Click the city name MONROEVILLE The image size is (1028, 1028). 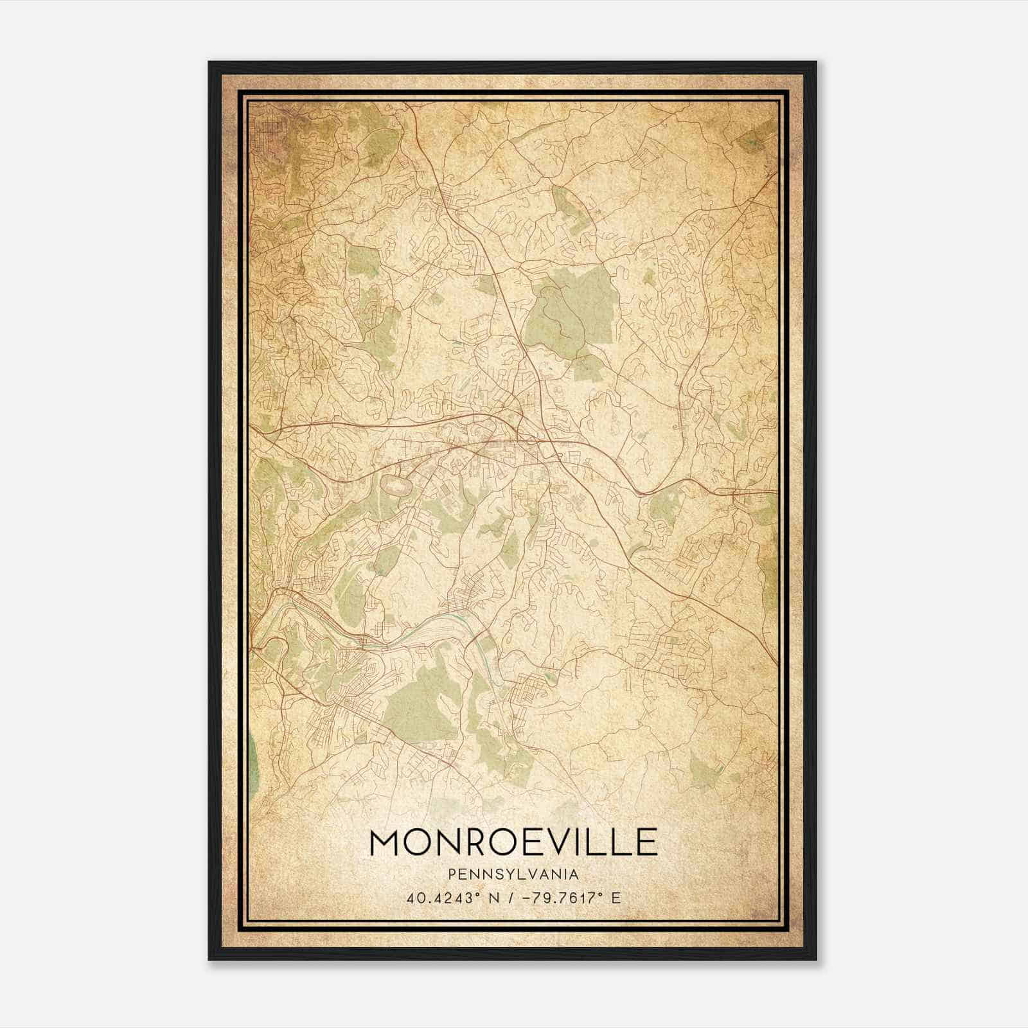(513, 842)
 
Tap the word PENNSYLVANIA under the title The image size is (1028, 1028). (513, 874)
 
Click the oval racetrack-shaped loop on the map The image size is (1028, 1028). (397, 485)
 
